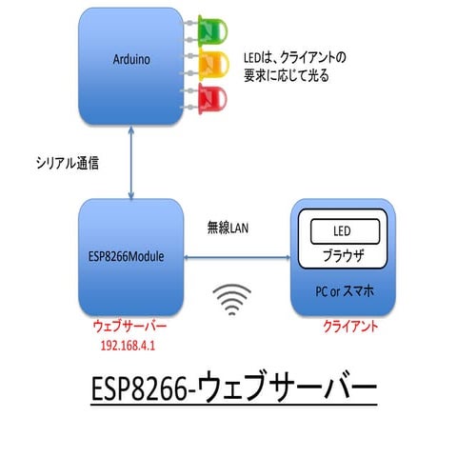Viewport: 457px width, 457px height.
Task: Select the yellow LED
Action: [x=210, y=64]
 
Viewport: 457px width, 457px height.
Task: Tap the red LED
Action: [x=210, y=96]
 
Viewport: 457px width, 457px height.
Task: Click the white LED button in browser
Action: [x=342, y=231]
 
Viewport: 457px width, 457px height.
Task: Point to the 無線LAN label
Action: [x=228, y=228]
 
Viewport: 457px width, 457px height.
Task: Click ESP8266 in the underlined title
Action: [x=141, y=390]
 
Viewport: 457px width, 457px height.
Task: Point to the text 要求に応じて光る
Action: [x=287, y=74]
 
